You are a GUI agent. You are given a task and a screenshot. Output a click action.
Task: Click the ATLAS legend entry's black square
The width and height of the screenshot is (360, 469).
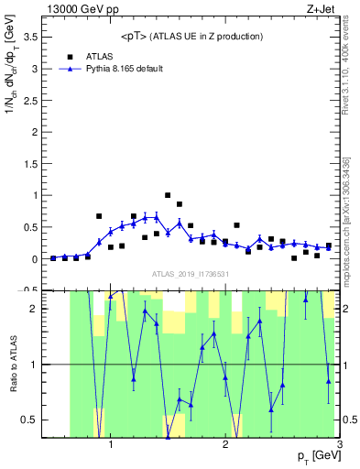click(70, 56)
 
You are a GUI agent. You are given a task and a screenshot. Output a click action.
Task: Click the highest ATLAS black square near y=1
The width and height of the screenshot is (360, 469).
click(168, 195)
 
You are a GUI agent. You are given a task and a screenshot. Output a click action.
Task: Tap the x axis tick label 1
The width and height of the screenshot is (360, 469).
click(111, 444)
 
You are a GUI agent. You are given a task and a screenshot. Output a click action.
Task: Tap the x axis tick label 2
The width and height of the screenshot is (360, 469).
click(225, 444)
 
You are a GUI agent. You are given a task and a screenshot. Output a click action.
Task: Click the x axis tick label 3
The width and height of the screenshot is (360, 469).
click(339, 444)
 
